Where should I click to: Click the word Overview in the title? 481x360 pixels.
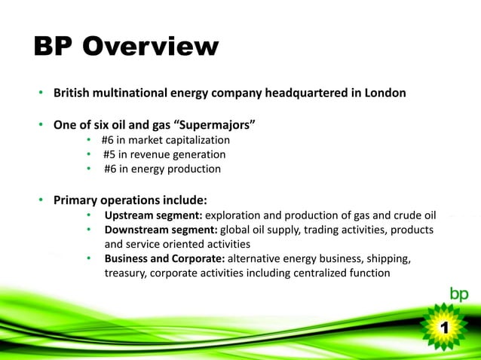pyautogui.click(x=150, y=47)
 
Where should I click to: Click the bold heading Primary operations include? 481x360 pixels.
pyautogui.click(x=130, y=200)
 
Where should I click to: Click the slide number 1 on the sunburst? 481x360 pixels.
pyautogui.click(x=445, y=328)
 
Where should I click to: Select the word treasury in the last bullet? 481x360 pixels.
pyautogui.click(x=125, y=273)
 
